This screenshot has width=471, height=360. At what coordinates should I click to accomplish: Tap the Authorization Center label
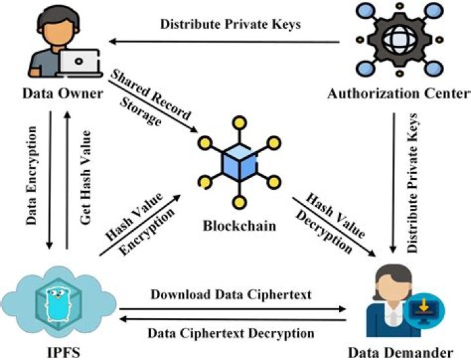point(398,94)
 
